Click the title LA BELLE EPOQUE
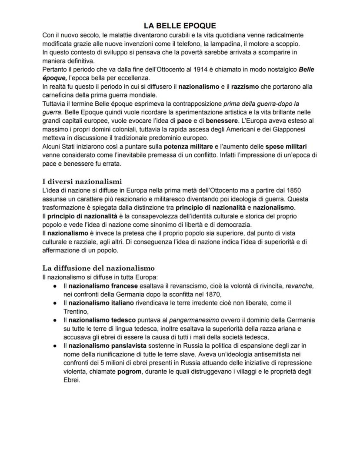pos(180,26)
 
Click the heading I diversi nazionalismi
pos(82,181)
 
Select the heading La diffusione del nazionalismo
pos(98,268)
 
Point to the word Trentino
pos(76,311)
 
